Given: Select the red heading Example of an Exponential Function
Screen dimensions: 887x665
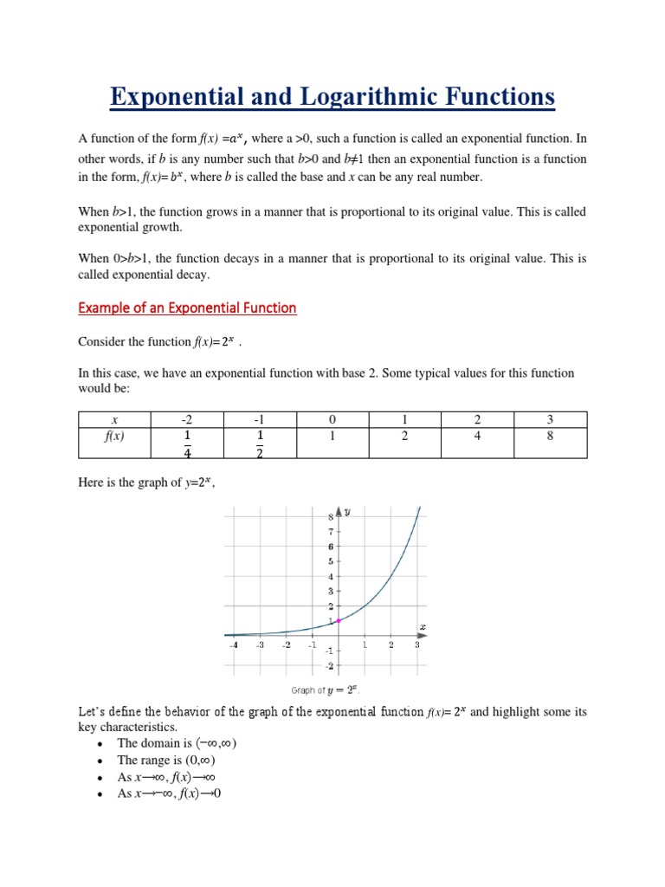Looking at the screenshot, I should pos(187,308).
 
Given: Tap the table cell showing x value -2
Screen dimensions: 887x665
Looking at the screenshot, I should pos(186,419).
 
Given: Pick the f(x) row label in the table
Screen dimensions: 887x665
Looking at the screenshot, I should pos(114,436).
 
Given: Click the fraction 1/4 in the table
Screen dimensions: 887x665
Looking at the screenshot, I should pos(186,443).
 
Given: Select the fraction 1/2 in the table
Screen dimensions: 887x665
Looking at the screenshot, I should pos(259,443).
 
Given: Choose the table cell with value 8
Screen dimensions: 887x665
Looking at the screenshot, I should pos(550,436).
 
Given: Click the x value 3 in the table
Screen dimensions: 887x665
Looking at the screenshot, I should pos(550,419).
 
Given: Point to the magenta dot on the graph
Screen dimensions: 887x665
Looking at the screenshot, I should pos(339,620).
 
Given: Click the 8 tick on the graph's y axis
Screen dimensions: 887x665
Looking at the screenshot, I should pos(330,517).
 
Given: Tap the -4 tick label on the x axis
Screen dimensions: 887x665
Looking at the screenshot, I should pos(233,645).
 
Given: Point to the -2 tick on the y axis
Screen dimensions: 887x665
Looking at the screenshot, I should pos(329,665).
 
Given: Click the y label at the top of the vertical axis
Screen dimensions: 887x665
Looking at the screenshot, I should pos(347,512).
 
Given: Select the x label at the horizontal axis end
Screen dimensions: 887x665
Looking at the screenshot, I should pos(423,626).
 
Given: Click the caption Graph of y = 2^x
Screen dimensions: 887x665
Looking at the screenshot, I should pos(325,690).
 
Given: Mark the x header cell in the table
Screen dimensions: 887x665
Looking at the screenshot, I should pos(114,419).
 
